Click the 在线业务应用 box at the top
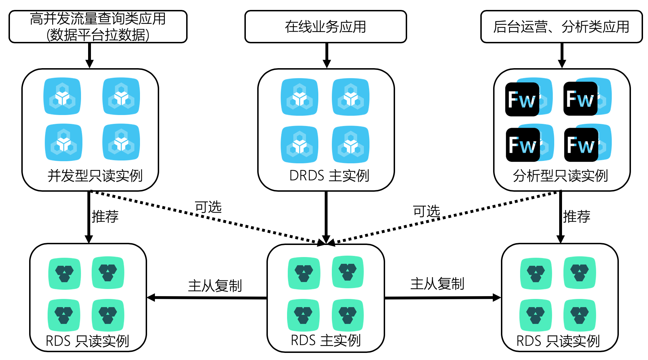coord(325,27)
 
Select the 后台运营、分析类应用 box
coord(561,27)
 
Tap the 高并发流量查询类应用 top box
coord(98,27)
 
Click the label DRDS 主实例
coord(329,176)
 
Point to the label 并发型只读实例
coord(95,176)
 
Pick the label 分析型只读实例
coord(560,176)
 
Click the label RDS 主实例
coord(325,340)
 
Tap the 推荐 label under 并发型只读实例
coord(105,217)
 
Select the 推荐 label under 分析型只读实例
coord(577,217)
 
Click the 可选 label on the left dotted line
coord(208,207)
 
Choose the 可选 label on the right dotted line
coord(426,211)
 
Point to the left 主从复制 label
coord(215,286)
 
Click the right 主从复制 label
coord(437,284)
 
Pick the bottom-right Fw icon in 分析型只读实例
coord(581,145)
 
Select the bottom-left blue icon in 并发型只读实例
coord(64,142)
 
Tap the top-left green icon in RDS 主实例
coord(304,273)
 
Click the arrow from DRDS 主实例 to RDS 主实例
coord(326,217)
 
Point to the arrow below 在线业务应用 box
coord(326,55)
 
